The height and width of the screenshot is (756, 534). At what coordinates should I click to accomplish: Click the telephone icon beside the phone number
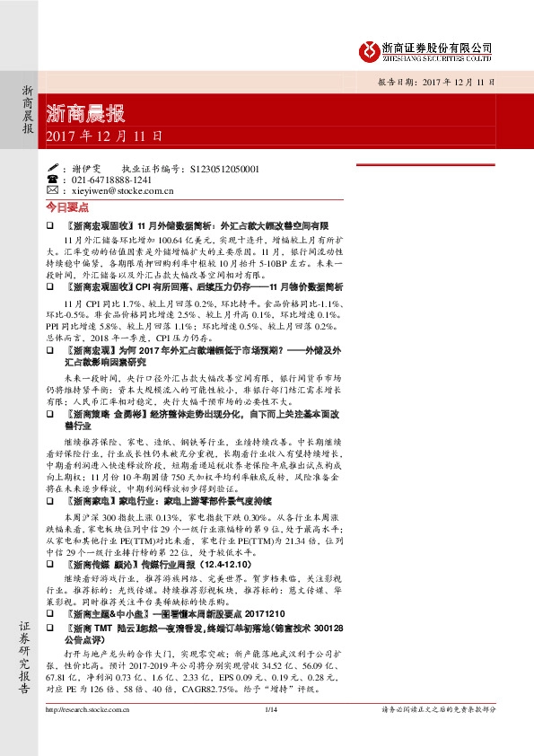pyautogui.click(x=51, y=180)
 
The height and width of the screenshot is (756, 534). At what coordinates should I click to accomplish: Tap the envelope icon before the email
pyautogui.click(x=51, y=190)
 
